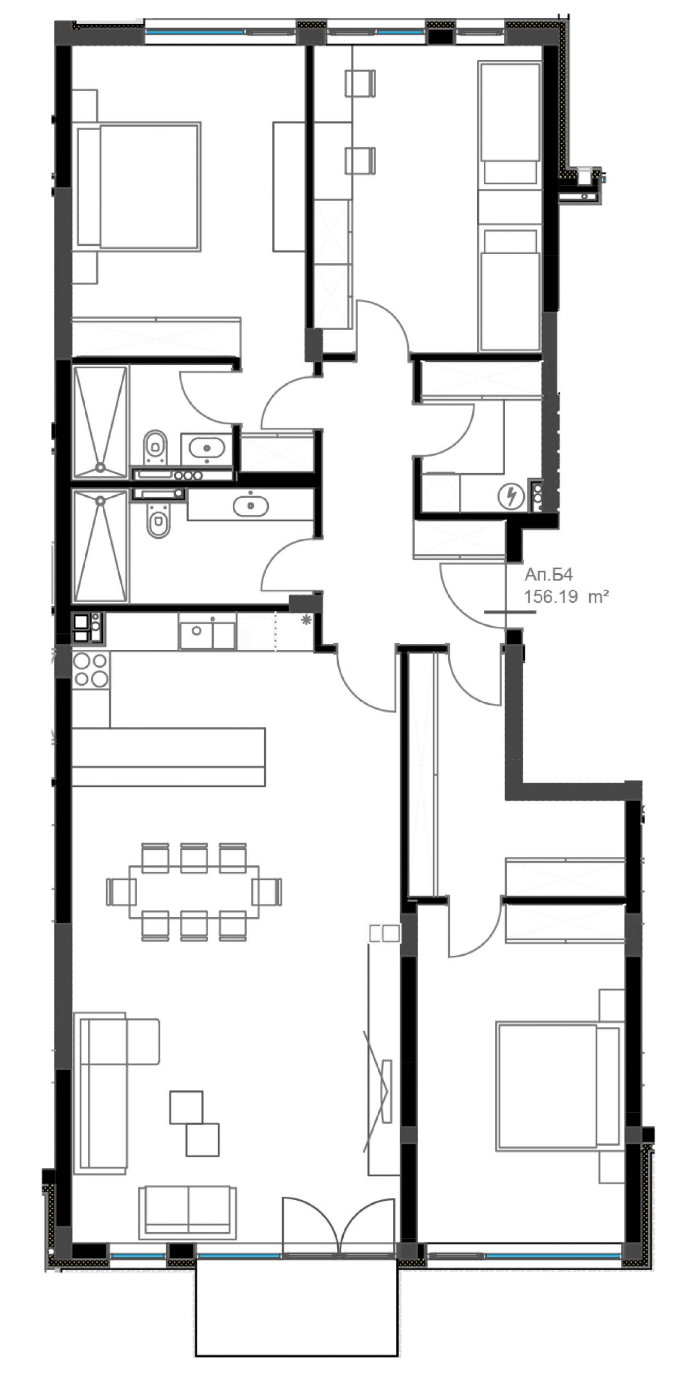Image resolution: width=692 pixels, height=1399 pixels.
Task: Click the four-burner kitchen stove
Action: (x=91, y=670)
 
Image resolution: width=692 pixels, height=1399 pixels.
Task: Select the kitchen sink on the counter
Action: (x=207, y=632)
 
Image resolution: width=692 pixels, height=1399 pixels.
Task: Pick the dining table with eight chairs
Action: (x=195, y=891)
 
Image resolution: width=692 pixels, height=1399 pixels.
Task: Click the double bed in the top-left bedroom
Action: (x=139, y=185)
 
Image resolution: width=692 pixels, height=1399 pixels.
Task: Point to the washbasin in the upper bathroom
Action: (x=207, y=448)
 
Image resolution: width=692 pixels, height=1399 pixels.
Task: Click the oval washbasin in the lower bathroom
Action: (x=250, y=507)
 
